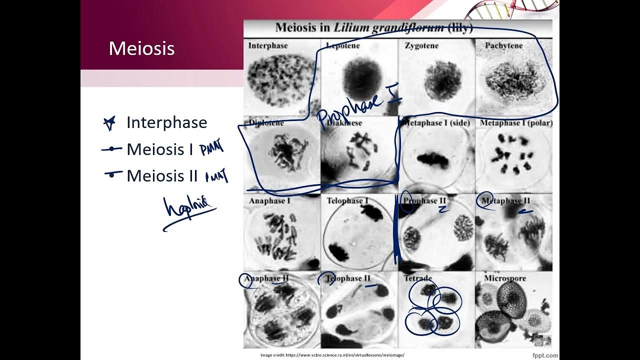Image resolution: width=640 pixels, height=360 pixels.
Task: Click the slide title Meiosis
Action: click(141, 48)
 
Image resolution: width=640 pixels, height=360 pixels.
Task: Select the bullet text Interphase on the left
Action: click(166, 122)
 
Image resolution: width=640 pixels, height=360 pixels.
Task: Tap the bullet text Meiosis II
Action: click(162, 175)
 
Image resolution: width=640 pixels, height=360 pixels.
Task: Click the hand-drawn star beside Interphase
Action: click(109, 123)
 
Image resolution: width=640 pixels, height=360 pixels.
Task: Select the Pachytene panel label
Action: click(503, 45)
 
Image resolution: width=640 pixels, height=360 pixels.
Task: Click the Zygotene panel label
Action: click(421, 45)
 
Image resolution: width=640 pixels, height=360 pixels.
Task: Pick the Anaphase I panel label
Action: click(269, 200)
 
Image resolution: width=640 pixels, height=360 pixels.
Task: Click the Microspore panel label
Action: click(505, 278)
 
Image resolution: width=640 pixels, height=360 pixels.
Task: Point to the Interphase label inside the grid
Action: click(268, 45)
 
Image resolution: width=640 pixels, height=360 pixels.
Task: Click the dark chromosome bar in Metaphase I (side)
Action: click(433, 159)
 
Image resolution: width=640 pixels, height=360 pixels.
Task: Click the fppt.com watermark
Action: click(545, 355)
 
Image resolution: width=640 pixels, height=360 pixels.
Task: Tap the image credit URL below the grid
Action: click(332, 355)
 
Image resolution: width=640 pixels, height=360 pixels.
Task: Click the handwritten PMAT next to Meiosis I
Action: click(211, 148)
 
